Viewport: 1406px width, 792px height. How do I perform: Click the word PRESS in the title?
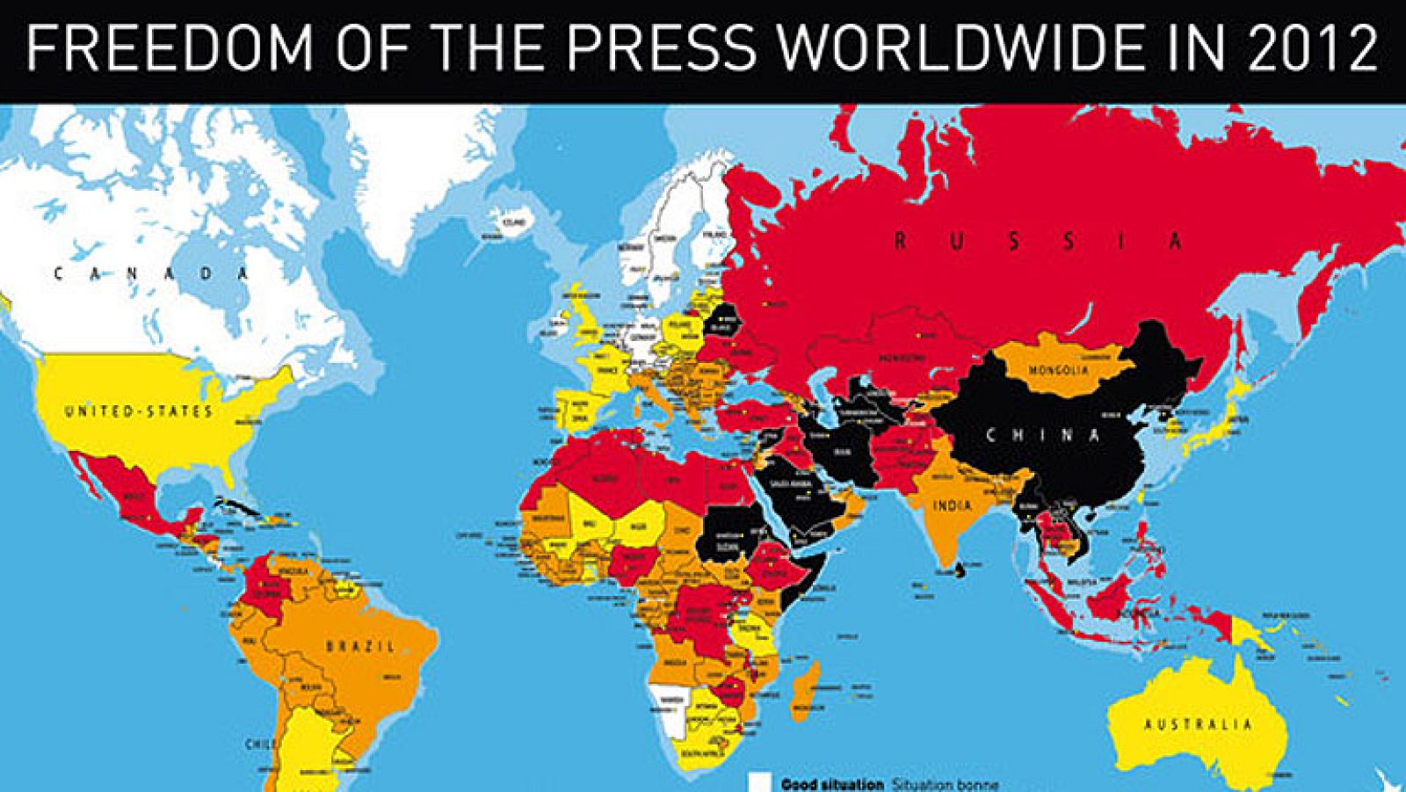click(x=670, y=48)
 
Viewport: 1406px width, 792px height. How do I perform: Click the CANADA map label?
click(x=151, y=273)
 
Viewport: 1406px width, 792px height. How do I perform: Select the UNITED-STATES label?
click(x=138, y=411)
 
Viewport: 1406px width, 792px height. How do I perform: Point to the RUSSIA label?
click(x=1038, y=240)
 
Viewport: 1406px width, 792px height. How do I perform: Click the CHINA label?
click(x=1042, y=435)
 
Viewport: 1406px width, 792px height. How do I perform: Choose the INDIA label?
click(x=953, y=505)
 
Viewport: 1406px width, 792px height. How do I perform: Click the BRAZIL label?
click(x=360, y=646)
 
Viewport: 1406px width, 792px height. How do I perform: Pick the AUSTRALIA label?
click(x=1197, y=725)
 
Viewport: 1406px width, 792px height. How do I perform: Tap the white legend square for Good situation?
click(x=759, y=782)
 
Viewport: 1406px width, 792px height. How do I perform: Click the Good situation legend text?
click(x=831, y=784)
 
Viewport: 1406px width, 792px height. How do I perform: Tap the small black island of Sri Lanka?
click(x=961, y=572)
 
